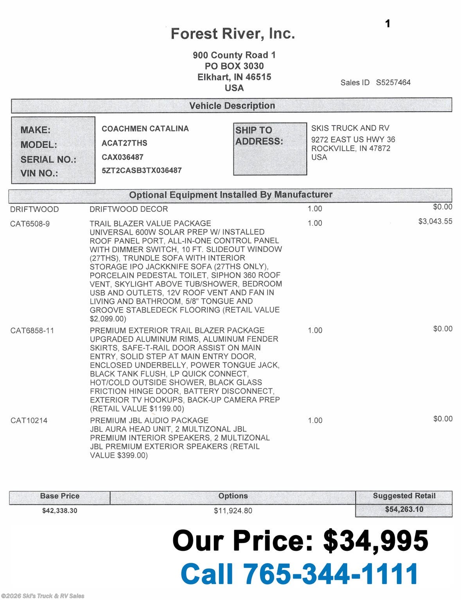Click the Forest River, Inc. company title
[233, 34]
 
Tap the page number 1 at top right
[387, 24]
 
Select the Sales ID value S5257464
[393, 82]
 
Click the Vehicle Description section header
[232, 105]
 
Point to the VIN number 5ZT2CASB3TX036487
[142, 170]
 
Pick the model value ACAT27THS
[124, 143]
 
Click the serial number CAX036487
[122, 157]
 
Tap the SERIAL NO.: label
[48, 159]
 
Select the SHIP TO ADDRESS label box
[270, 149]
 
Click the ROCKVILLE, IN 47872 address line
[350, 148]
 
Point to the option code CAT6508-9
[30, 224]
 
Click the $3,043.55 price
[435, 221]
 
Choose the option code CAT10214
[29, 421]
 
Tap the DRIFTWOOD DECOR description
[129, 209]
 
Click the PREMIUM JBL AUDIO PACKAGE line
[149, 420]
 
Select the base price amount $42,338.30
[59, 511]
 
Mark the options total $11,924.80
[233, 511]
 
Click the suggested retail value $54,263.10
[404, 509]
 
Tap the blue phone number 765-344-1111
[331, 574]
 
